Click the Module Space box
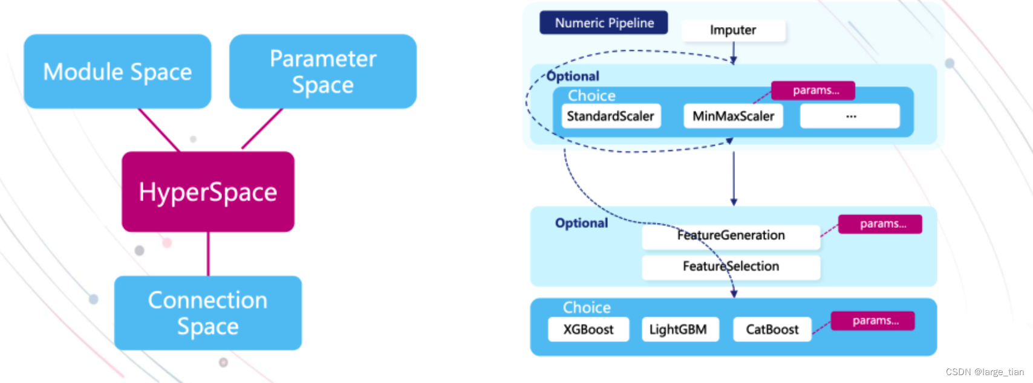117,71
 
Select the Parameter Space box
323,71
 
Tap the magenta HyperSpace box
208,191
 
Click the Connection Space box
208,313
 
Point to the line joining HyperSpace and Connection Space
208,254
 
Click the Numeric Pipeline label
604,23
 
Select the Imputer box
733,30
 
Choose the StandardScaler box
611,116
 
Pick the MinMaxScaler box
733,116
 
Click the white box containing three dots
850,116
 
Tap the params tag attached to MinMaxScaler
814,91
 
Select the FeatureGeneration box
731,236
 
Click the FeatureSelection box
731,266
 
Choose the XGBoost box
588,329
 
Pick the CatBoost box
772,329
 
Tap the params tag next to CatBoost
873,321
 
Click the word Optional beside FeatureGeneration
581,223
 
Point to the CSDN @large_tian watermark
985,372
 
